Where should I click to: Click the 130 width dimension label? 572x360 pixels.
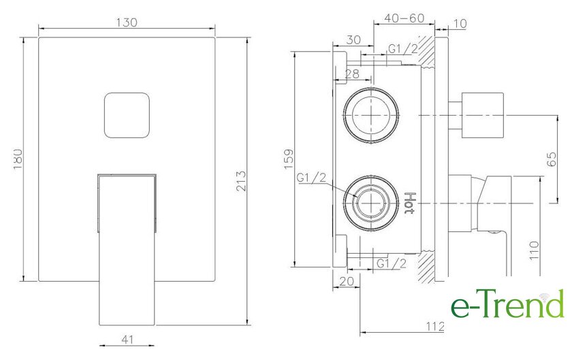(x=127, y=22)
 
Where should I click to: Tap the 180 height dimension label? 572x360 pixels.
(x=18, y=159)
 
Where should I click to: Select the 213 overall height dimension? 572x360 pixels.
(x=241, y=181)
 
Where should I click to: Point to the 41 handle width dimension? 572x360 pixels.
(x=127, y=340)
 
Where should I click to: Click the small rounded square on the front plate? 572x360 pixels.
(x=127, y=115)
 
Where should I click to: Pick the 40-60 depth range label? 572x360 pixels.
(x=404, y=18)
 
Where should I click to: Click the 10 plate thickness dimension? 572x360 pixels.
(x=460, y=24)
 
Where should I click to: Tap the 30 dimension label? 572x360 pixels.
(x=353, y=39)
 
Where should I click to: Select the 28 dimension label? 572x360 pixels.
(x=352, y=73)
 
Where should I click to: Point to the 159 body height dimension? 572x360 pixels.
(x=289, y=159)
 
